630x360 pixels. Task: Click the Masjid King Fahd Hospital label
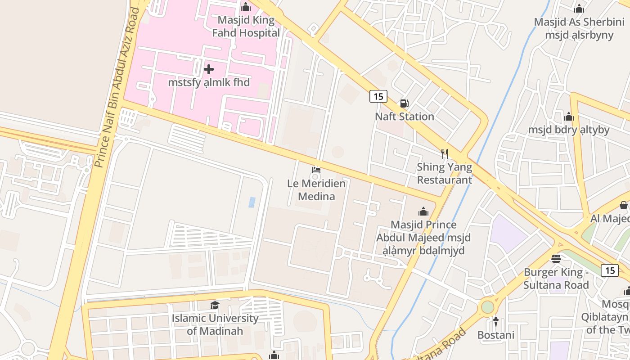246,27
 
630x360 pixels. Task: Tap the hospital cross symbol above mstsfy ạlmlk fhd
209,69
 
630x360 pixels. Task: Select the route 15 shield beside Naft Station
378,96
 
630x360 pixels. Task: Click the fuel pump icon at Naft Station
405,103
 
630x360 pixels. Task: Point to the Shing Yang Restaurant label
444,173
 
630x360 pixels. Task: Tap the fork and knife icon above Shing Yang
445,154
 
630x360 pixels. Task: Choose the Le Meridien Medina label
316,189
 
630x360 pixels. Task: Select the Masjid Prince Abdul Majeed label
423,237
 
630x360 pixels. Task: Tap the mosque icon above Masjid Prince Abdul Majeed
423,211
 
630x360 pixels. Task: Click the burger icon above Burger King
556,259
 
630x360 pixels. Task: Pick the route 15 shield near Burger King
610,270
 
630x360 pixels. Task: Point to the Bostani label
495,335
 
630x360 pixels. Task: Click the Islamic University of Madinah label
215,324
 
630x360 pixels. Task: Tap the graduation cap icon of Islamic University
215,306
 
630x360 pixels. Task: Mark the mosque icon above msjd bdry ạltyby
569,117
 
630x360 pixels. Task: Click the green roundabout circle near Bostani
487,307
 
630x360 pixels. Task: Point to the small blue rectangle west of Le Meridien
252,202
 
